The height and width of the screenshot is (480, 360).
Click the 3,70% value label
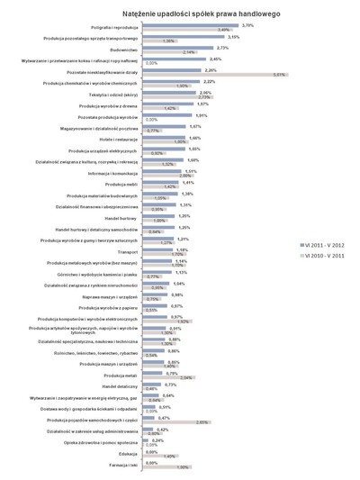(x=247, y=25)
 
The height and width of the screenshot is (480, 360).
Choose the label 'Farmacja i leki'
(x=122, y=466)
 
